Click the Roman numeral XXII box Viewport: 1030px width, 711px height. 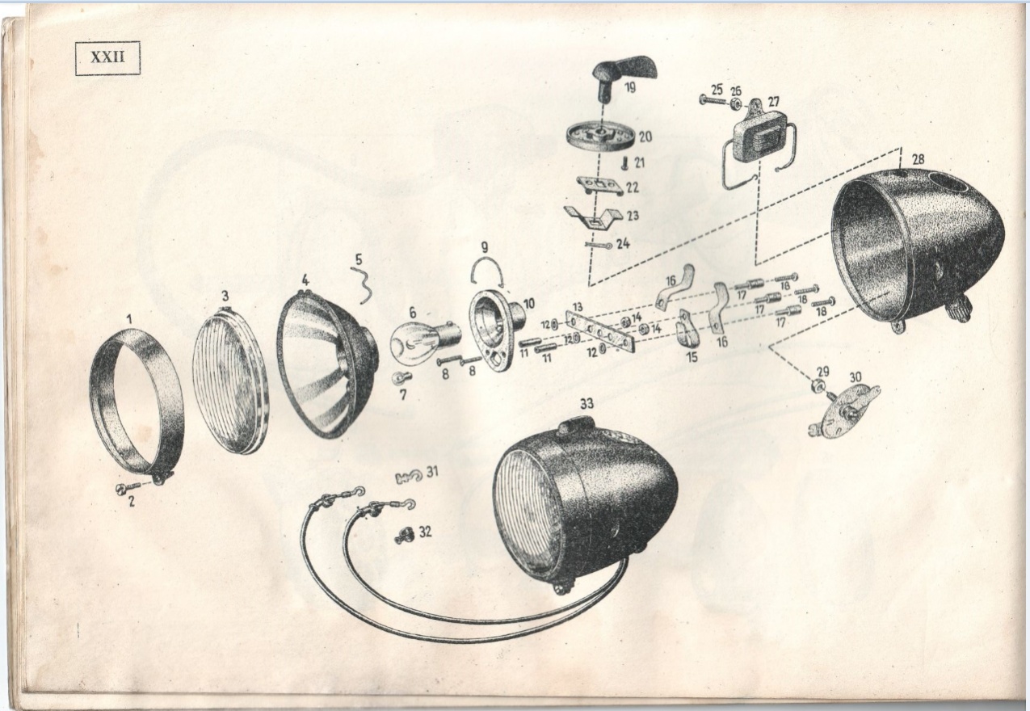[x=107, y=58]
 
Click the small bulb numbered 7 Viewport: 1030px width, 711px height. [x=401, y=378]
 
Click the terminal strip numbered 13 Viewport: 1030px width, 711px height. [x=601, y=330]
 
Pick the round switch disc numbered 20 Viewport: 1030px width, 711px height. [x=600, y=137]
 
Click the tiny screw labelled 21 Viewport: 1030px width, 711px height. [x=624, y=163]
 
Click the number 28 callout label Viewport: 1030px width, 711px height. [x=918, y=160]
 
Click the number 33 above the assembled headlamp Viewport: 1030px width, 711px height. [x=586, y=404]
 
